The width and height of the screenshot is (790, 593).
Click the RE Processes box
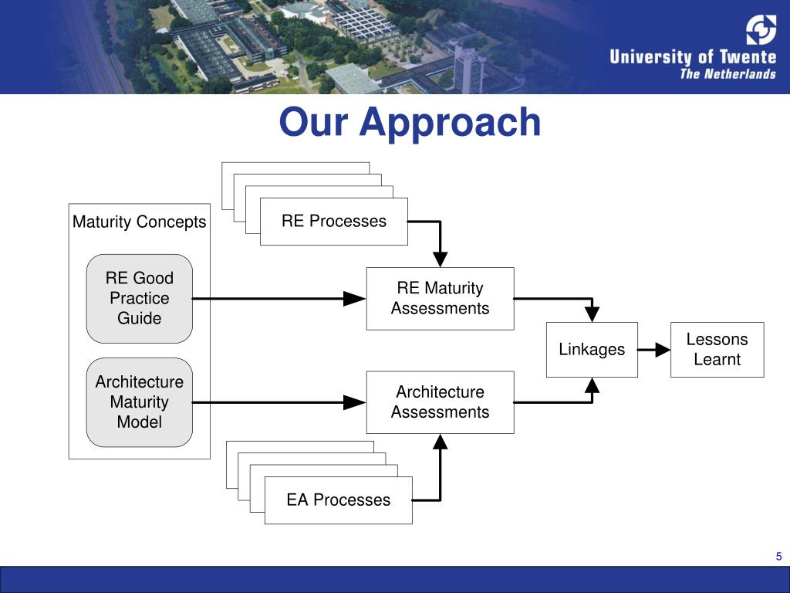[333, 222]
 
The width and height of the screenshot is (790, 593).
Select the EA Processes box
[338, 500]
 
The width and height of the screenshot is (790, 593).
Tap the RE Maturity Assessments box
[440, 298]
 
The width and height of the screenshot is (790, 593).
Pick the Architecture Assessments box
[440, 402]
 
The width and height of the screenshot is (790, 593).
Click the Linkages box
[592, 350]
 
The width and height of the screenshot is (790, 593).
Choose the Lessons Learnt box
[717, 350]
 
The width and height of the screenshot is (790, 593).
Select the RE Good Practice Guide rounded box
[140, 298]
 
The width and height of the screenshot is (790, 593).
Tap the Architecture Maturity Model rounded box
[140, 402]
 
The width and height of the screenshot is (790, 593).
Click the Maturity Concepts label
[140, 222]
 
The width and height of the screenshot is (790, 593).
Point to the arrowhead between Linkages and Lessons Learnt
[662, 350]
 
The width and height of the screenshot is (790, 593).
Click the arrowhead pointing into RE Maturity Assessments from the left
[355, 298]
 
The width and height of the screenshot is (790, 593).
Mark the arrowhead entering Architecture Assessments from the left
[355, 402]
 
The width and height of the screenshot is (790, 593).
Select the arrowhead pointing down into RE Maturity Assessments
[440, 259]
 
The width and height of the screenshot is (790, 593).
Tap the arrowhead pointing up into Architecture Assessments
[440, 442]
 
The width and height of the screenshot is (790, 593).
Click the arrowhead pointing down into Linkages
[592, 313]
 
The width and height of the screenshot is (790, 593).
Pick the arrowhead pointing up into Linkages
[592, 385]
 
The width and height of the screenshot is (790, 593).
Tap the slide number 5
[778, 557]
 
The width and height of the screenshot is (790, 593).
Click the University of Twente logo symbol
[761, 30]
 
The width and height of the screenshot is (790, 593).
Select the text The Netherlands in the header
[728, 74]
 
